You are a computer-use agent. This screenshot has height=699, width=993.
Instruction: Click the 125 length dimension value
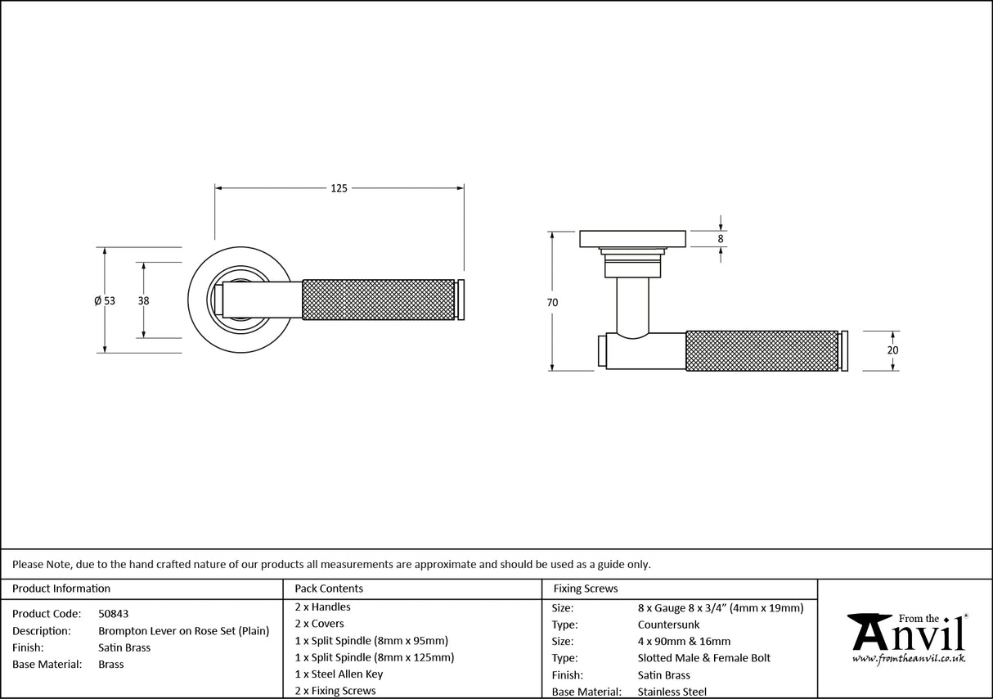point(339,188)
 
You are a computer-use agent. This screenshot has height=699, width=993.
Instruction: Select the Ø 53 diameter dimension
point(105,300)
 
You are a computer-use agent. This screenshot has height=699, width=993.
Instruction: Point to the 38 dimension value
point(143,300)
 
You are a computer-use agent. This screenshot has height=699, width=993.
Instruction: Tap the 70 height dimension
point(552,303)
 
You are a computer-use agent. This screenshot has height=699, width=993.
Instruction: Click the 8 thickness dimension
point(721,239)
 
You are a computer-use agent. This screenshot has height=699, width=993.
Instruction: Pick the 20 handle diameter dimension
point(892,350)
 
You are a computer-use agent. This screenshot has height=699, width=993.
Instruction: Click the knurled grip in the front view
point(378,300)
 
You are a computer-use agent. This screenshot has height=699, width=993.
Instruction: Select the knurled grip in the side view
point(761,350)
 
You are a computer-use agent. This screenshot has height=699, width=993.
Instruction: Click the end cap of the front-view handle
point(461,300)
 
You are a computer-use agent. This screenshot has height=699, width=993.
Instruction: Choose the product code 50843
point(113,613)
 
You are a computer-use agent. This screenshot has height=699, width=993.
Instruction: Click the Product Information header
point(61,589)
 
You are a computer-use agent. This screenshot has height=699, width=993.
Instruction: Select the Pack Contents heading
point(329,589)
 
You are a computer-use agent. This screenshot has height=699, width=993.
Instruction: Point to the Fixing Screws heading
point(586,589)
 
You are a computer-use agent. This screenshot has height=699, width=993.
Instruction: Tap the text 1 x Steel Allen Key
point(339,674)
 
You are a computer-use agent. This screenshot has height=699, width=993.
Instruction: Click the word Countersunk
point(668,625)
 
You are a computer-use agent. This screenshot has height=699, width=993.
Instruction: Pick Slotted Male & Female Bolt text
point(703,658)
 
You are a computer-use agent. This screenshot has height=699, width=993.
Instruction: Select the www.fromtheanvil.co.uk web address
point(908,658)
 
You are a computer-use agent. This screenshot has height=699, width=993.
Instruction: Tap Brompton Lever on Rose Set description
point(184,631)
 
